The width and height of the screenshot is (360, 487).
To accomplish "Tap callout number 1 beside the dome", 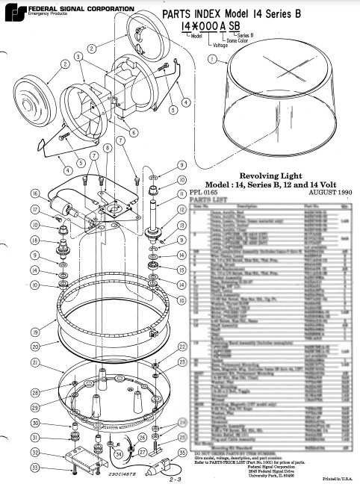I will click(212, 58).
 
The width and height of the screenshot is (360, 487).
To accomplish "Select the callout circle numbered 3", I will click(78, 58).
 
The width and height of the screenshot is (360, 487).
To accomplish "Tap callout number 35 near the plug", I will click(184, 453).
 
